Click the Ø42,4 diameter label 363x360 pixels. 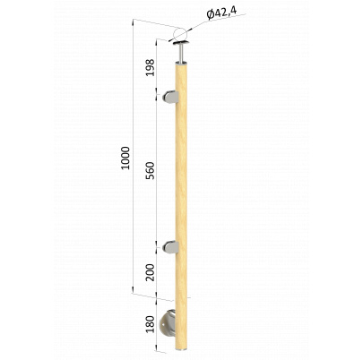(x=221, y=13)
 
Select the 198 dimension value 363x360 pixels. (x=150, y=67)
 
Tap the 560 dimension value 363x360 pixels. (x=150, y=170)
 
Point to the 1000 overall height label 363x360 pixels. (x=126, y=158)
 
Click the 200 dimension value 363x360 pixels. (x=150, y=272)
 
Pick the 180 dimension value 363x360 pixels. (x=150, y=324)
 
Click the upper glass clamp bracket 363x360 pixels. (x=170, y=97)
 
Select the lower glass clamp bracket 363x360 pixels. (x=170, y=247)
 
